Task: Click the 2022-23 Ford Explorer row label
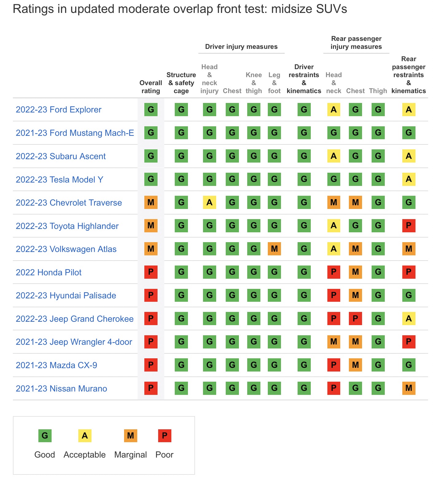click(58, 110)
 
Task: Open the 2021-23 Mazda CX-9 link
click(56, 365)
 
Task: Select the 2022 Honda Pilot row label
click(49, 273)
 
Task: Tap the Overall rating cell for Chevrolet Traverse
click(151, 203)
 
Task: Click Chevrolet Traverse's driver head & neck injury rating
click(209, 203)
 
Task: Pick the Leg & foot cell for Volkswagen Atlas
click(274, 249)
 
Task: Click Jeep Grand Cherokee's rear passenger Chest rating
click(355, 319)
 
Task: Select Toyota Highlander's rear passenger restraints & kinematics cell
click(408, 226)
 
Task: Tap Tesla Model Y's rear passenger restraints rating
click(408, 179)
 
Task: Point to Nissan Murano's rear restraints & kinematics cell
click(408, 388)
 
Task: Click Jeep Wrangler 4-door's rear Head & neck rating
click(334, 342)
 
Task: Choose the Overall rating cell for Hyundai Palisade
click(151, 295)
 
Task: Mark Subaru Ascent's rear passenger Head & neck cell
click(334, 156)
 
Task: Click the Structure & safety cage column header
click(181, 83)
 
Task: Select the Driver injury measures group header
click(241, 47)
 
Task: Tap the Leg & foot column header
click(274, 83)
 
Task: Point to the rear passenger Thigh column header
click(378, 91)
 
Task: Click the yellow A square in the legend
click(85, 435)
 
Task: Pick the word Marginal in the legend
click(131, 455)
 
